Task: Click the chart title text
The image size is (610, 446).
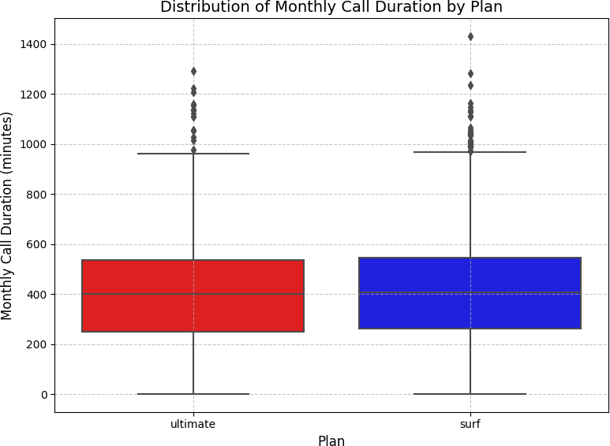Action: (x=331, y=8)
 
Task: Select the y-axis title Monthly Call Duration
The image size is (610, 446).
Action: (x=8, y=215)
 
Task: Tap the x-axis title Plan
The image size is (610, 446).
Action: (x=331, y=441)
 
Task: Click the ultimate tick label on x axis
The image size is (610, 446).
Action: (x=193, y=424)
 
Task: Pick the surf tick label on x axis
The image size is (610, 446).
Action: (x=470, y=424)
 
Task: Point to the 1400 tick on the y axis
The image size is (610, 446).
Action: (x=35, y=44)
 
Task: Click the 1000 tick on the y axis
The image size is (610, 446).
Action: (x=35, y=144)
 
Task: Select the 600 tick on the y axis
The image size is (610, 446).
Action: (x=38, y=244)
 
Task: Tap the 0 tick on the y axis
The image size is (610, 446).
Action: (x=44, y=394)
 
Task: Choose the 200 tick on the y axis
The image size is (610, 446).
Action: (x=38, y=344)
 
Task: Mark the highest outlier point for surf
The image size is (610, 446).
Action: (x=470, y=36)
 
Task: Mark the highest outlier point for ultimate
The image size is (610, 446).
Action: (x=193, y=71)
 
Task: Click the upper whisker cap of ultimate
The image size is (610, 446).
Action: (x=193, y=154)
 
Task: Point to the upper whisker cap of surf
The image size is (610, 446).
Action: (x=470, y=152)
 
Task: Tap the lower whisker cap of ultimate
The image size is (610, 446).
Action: (x=193, y=394)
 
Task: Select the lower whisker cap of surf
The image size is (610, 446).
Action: (x=470, y=394)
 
